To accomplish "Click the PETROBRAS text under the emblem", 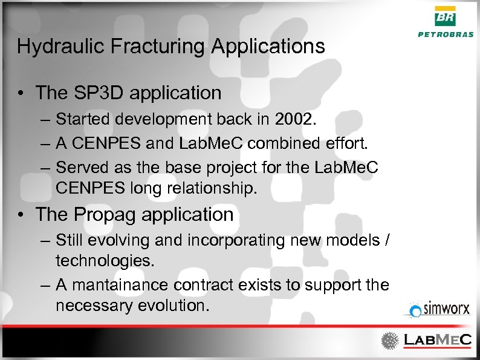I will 446,34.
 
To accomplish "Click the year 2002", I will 294,119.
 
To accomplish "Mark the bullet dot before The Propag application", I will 21,215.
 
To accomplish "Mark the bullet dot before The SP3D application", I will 21,93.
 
